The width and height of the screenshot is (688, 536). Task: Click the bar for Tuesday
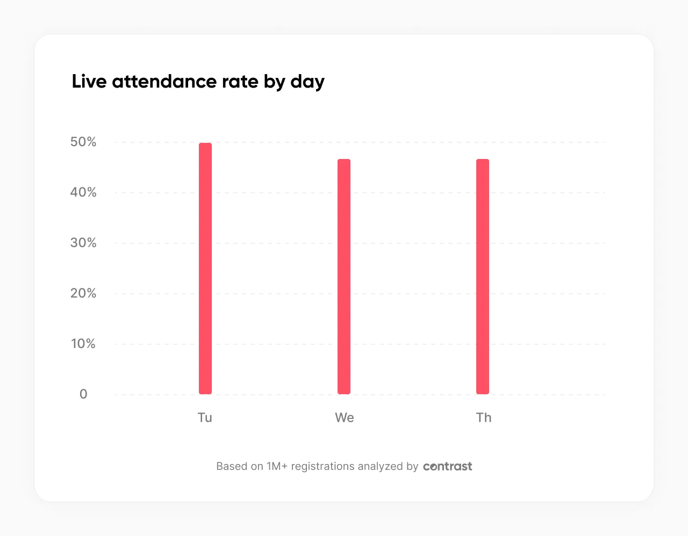pos(205,269)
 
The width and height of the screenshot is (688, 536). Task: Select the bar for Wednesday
pos(344,277)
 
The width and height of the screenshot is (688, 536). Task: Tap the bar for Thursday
pos(483,277)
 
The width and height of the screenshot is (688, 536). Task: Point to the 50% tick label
pos(83,142)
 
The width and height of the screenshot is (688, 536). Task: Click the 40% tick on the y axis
pos(83,192)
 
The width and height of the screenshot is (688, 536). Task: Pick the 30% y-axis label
pos(83,243)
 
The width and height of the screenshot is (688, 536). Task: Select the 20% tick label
pos(83,293)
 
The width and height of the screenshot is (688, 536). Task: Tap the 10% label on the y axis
pos(83,344)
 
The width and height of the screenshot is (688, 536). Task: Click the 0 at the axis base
pos(83,394)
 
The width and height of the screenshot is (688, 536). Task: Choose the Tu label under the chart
pos(205,418)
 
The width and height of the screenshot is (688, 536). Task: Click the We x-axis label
pos(344,418)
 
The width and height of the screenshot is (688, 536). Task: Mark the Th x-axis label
pos(484,418)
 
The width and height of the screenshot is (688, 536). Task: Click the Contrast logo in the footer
pos(447,466)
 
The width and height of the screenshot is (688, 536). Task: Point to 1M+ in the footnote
pos(277,466)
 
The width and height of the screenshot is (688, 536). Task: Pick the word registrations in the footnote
pos(322,467)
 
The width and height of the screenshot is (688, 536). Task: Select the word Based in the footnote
pos(232,466)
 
